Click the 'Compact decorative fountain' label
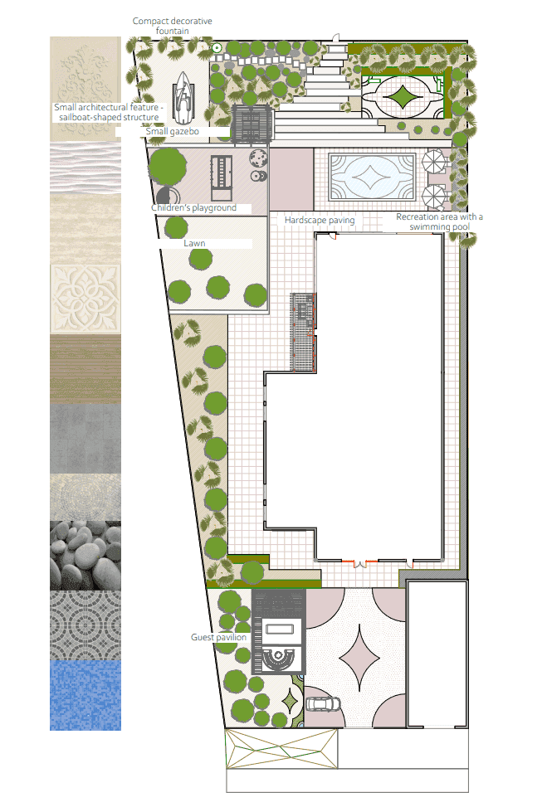pyautogui.click(x=172, y=26)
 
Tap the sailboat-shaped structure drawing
pyautogui.click(x=182, y=97)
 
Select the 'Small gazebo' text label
pyautogui.click(x=172, y=132)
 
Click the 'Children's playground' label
pyautogui.click(x=194, y=207)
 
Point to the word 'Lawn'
pyautogui.click(x=194, y=243)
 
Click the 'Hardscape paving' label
pyautogui.click(x=320, y=220)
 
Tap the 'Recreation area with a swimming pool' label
pyautogui.click(x=439, y=221)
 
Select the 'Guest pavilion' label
pyautogui.click(x=218, y=637)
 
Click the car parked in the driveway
pyautogui.click(x=324, y=704)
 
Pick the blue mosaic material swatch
pyautogui.click(x=85, y=695)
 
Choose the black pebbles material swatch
pyautogui.click(x=85, y=555)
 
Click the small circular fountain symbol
pyautogui.click(x=217, y=48)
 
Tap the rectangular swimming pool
pyautogui.click(x=372, y=177)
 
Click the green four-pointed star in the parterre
pyautogui.click(x=402, y=96)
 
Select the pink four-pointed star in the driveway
pyautogui.click(x=359, y=659)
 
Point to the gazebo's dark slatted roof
pyautogui.click(x=252, y=124)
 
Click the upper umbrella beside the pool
pyautogui.click(x=434, y=161)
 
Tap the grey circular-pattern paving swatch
pyautogui.click(x=85, y=625)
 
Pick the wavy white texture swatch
pyautogui.click(x=85, y=168)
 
